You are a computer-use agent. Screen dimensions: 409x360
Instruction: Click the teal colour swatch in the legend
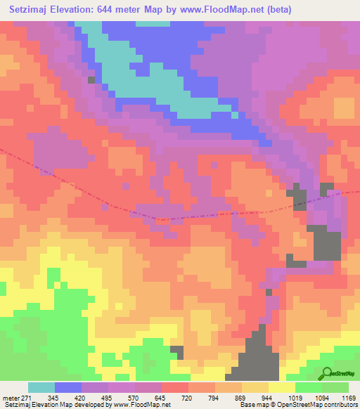click(x=41, y=387)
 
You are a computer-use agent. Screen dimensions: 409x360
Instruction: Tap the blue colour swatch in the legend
click(x=68, y=387)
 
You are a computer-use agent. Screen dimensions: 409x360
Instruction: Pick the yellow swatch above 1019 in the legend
click(x=281, y=387)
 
